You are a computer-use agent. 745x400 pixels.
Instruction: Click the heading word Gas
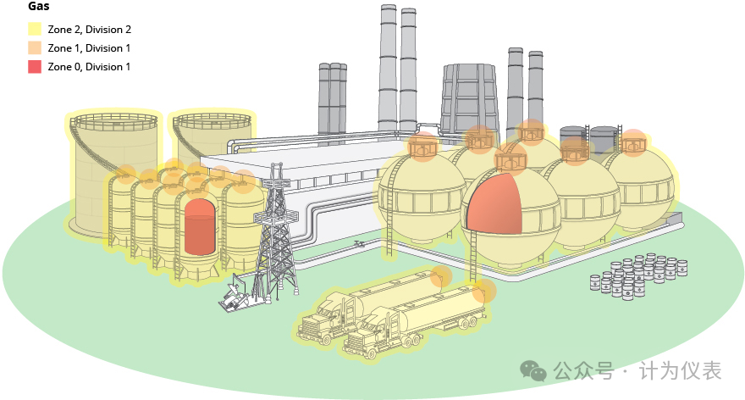click(x=38, y=6)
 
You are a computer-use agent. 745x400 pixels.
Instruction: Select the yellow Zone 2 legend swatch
click(x=35, y=29)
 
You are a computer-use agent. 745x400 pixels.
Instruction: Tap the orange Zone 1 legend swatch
click(x=35, y=48)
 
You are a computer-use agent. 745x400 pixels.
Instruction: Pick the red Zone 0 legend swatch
click(x=35, y=67)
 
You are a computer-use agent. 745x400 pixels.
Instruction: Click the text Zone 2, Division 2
click(x=90, y=30)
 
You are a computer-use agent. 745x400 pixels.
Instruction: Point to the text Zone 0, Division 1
click(x=89, y=67)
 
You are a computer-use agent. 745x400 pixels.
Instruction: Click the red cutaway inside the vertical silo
click(x=200, y=227)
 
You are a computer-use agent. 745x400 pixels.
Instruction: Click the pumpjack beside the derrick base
click(x=235, y=296)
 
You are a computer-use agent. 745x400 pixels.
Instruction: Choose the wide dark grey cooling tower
click(x=469, y=100)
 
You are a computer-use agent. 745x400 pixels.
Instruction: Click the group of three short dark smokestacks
click(x=333, y=99)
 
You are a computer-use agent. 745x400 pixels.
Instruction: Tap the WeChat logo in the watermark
click(x=533, y=371)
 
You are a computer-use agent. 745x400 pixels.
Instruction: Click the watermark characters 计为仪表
click(x=681, y=371)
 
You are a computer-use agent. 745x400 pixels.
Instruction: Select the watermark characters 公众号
click(x=584, y=371)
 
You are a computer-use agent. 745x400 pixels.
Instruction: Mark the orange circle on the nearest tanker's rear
click(x=484, y=292)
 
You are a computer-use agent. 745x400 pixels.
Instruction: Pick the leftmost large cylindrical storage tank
click(x=114, y=174)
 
